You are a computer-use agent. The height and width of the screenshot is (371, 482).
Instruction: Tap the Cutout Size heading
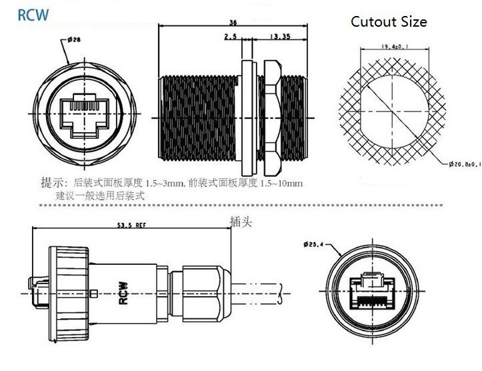(389, 21)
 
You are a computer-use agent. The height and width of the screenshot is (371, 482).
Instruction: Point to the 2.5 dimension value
(231, 38)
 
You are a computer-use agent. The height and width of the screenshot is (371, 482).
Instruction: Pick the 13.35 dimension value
(279, 38)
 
